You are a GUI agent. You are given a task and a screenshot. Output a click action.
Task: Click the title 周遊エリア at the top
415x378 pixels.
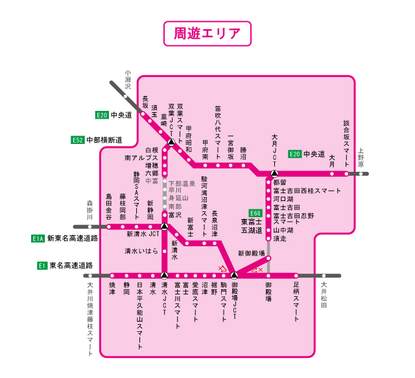pyautogui.click(x=207, y=34)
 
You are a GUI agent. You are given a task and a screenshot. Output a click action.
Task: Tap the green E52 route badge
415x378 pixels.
pyautogui.click(x=78, y=139)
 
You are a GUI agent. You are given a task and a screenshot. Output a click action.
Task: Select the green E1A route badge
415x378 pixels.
pyautogui.click(x=38, y=239)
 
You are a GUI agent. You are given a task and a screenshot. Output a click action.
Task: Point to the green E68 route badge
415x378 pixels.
pyautogui.click(x=255, y=213)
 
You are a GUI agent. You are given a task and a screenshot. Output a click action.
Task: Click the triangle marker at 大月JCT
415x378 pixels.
pyautogui.click(x=274, y=174)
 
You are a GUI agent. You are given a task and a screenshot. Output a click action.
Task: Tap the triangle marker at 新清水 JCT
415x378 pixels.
pyautogui.click(x=165, y=226)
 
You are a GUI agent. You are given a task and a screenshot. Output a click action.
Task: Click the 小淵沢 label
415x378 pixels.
pyautogui.click(x=128, y=80)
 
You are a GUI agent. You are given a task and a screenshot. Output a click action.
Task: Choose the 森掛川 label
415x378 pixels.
pyautogui.click(x=91, y=210)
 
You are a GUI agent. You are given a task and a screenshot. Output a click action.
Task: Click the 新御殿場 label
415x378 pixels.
pyautogui.click(x=252, y=253)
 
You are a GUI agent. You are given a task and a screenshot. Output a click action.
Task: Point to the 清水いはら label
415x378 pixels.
pyautogui.click(x=141, y=251)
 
